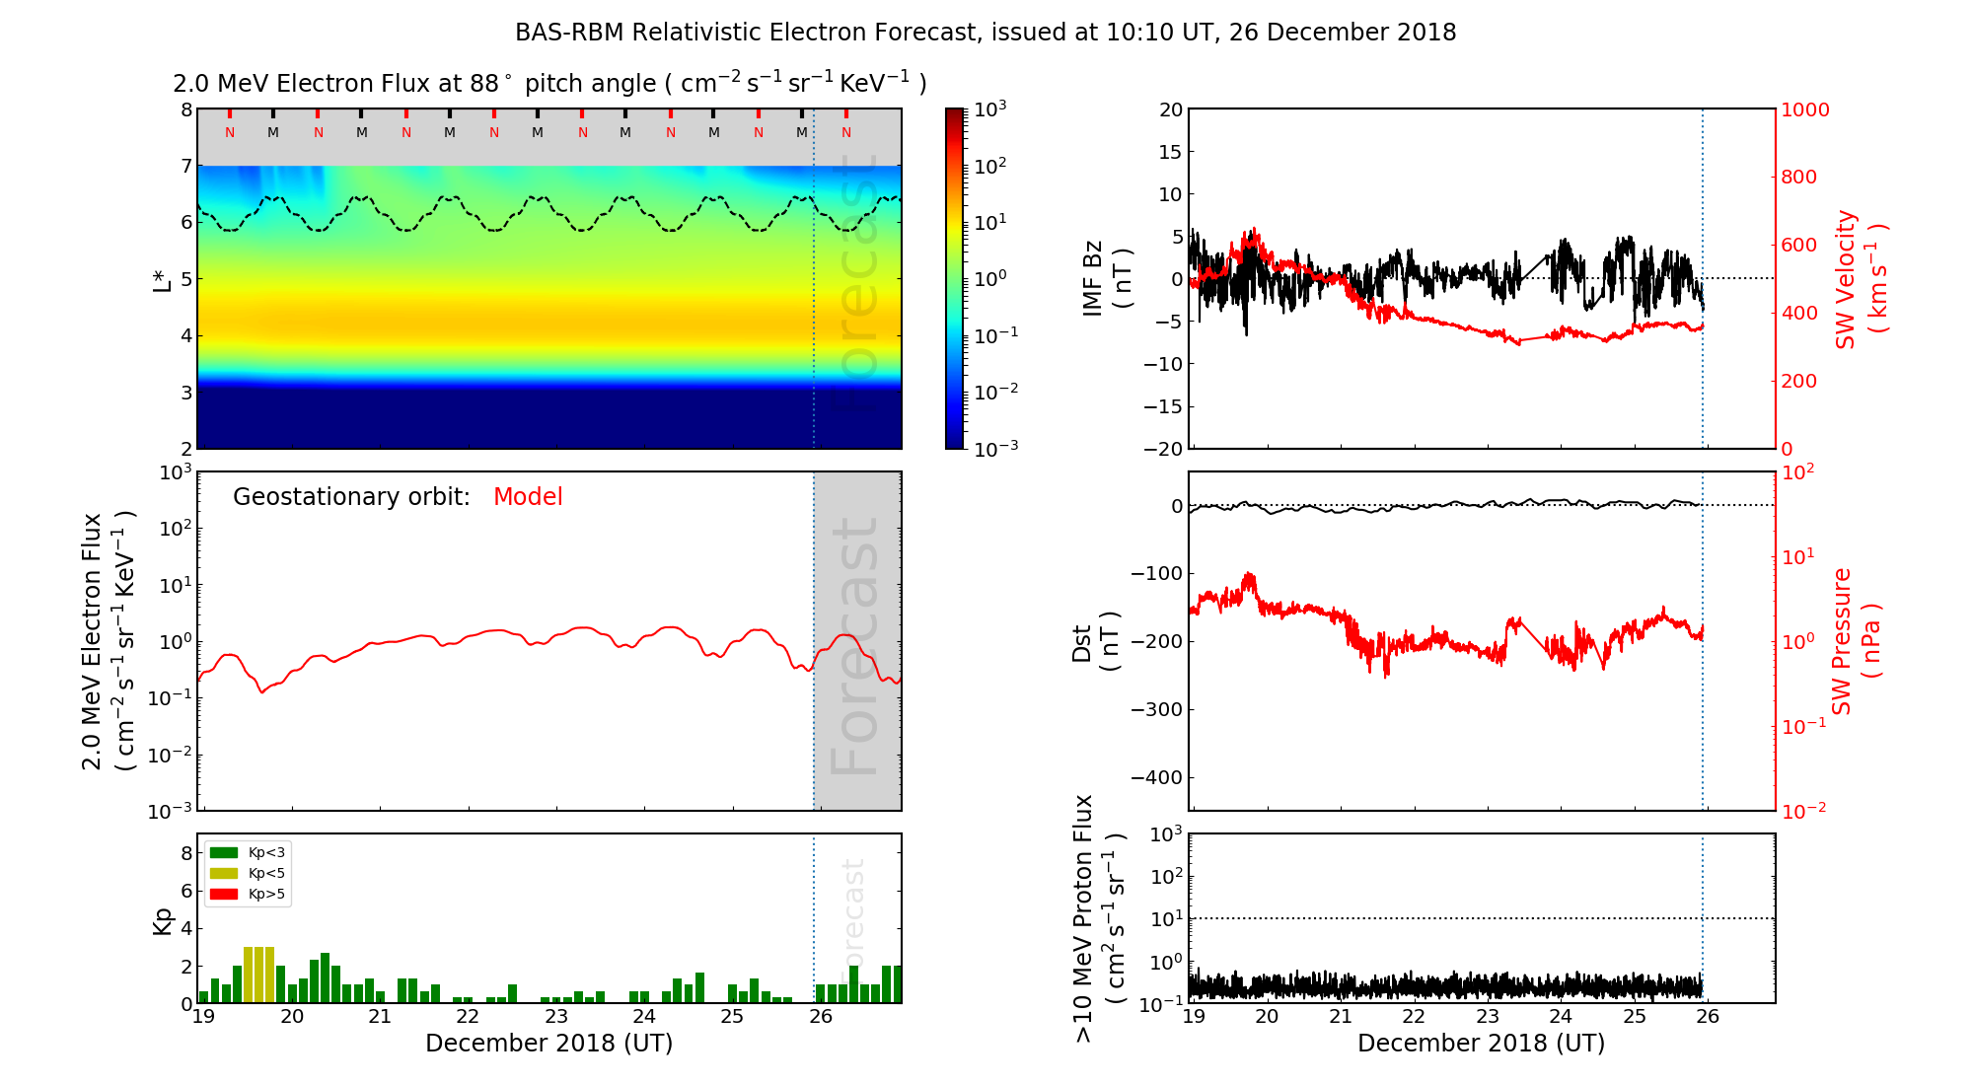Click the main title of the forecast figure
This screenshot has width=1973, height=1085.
pos(986,33)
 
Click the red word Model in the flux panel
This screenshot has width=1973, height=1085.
pos(528,497)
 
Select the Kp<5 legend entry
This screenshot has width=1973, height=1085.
pos(266,874)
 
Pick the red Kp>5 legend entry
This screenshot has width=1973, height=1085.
pos(266,895)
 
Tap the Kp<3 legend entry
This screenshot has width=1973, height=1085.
pos(266,853)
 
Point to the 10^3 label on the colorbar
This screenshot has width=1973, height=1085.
pos(990,108)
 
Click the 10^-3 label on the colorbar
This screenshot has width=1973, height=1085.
pos(995,448)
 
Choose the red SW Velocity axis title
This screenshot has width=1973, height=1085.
pos(1861,278)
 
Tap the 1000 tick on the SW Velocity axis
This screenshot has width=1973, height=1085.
pos(1804,109)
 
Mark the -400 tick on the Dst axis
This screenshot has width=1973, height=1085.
pos(1157,777)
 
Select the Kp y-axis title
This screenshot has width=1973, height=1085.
pos(163,921)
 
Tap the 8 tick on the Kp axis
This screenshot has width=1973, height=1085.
pos(186,853)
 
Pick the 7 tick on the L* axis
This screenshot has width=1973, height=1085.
pos(186,166)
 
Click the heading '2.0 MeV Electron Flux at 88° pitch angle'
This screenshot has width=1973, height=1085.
pos(549,84)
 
